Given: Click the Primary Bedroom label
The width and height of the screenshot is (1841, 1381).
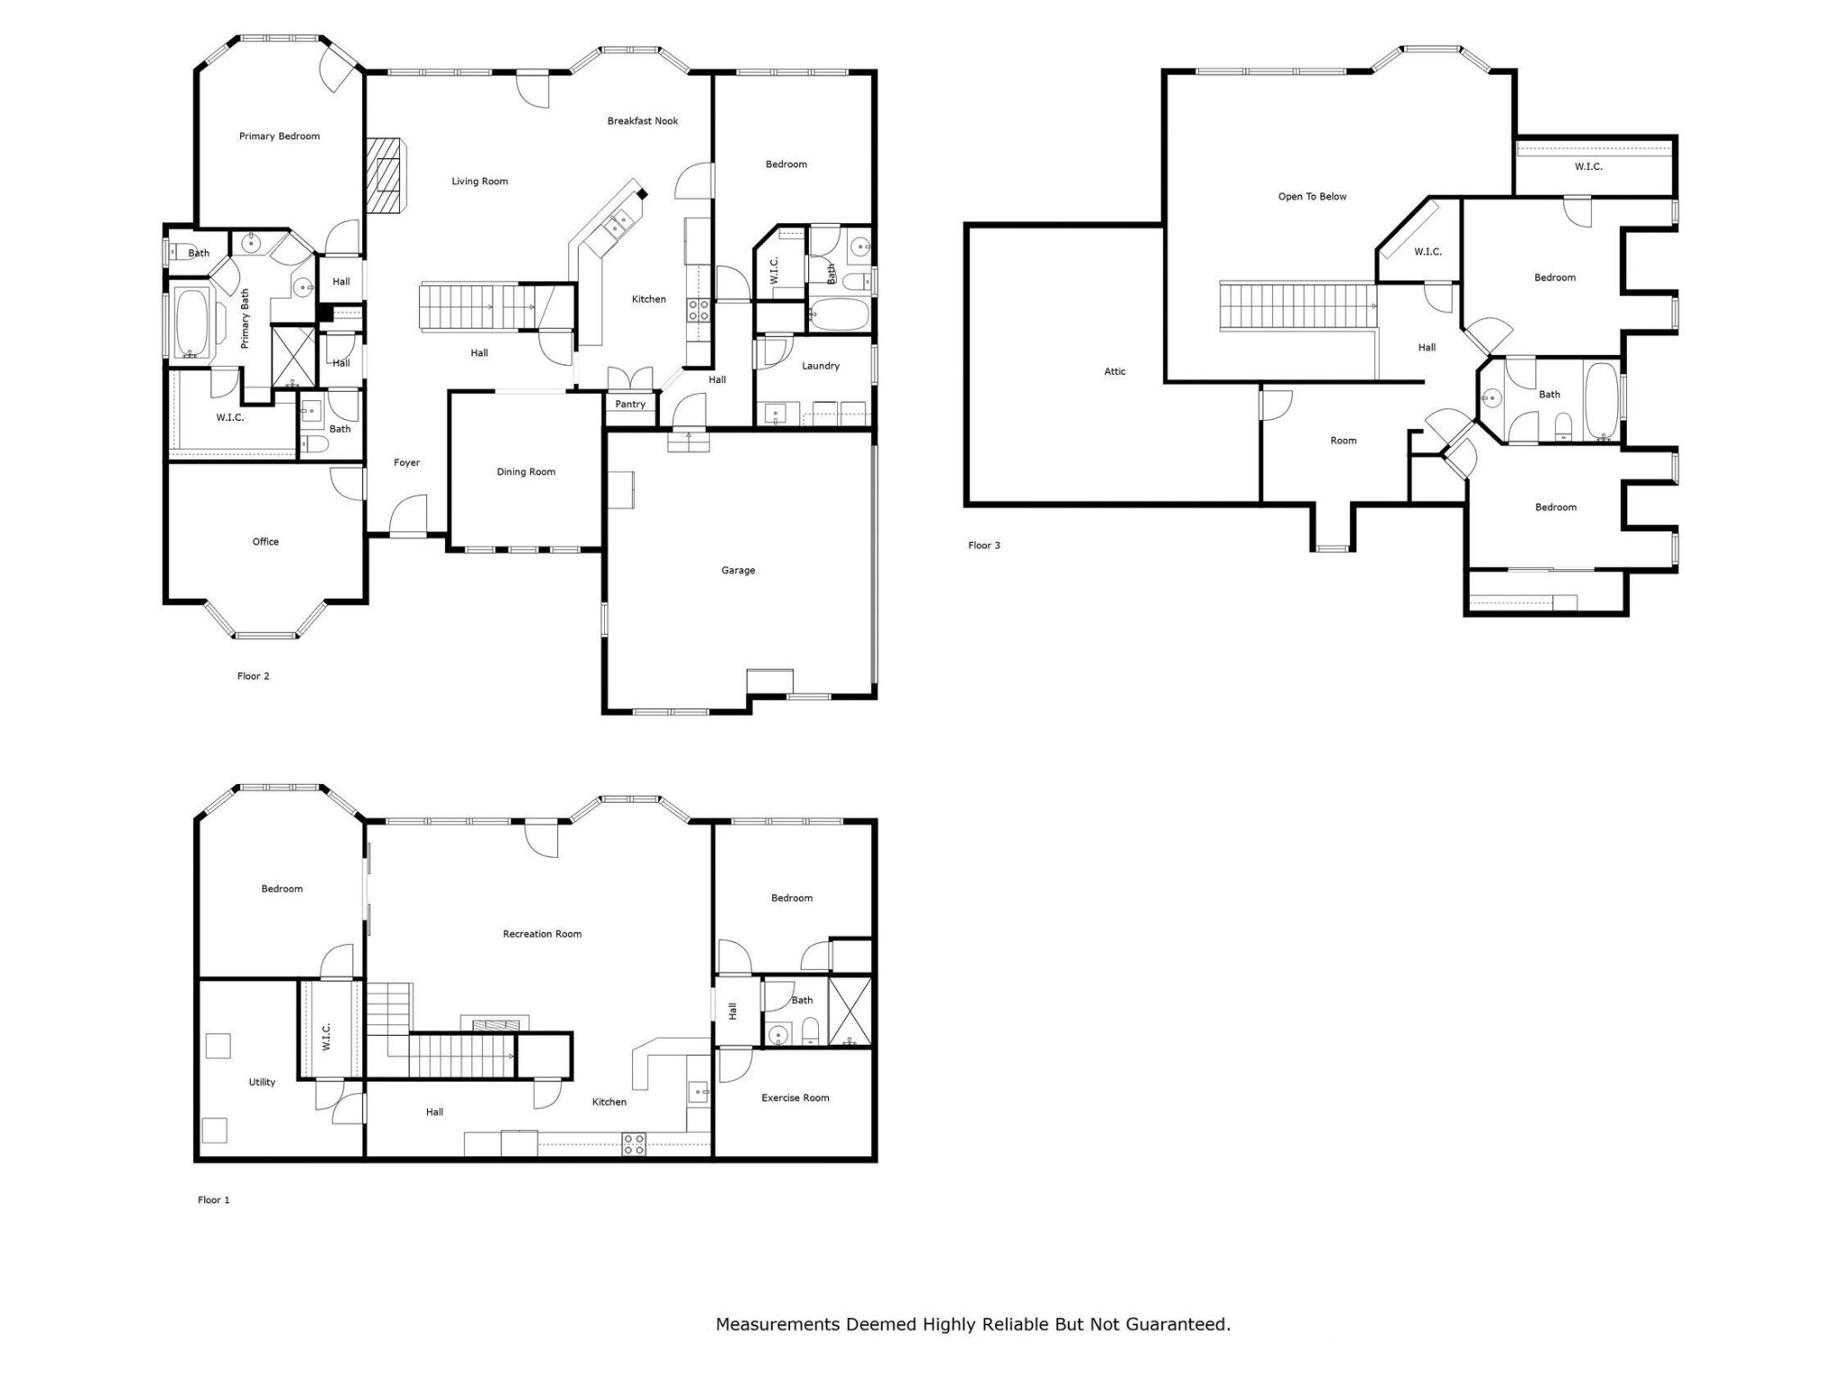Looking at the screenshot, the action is [280, 137].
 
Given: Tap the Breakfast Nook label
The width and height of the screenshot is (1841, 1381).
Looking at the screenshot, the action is [643, 121].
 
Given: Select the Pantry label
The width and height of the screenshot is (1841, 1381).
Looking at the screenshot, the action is [630, 405].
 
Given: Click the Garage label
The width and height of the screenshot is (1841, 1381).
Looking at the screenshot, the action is [738, 571].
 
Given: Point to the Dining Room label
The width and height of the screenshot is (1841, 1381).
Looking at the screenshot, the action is [526, 472].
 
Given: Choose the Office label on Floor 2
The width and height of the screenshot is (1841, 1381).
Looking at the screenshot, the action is [265, 542].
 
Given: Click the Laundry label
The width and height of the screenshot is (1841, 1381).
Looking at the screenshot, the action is [821, 367].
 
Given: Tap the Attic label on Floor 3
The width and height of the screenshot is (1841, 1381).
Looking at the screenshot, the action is [1115, 371].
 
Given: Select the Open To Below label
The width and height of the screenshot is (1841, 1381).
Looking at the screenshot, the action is [1312, 197].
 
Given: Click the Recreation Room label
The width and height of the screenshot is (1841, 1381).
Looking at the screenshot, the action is [542, 934].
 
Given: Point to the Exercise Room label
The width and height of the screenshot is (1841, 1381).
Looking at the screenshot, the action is [796, 1098].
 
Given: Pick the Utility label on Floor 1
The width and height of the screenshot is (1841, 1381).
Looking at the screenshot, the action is [262, 1083].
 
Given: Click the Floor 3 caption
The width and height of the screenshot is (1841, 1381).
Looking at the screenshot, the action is [983, 546].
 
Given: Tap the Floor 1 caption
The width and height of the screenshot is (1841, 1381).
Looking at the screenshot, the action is [214, 1200].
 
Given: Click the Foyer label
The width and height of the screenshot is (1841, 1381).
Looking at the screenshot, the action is [407, 463].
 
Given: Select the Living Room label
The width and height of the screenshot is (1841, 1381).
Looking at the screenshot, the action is [480, 182].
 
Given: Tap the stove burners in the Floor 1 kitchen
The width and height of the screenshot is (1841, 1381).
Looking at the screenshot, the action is [634, 1144].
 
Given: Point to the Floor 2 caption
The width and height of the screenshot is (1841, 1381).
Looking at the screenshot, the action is [253, 676].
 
